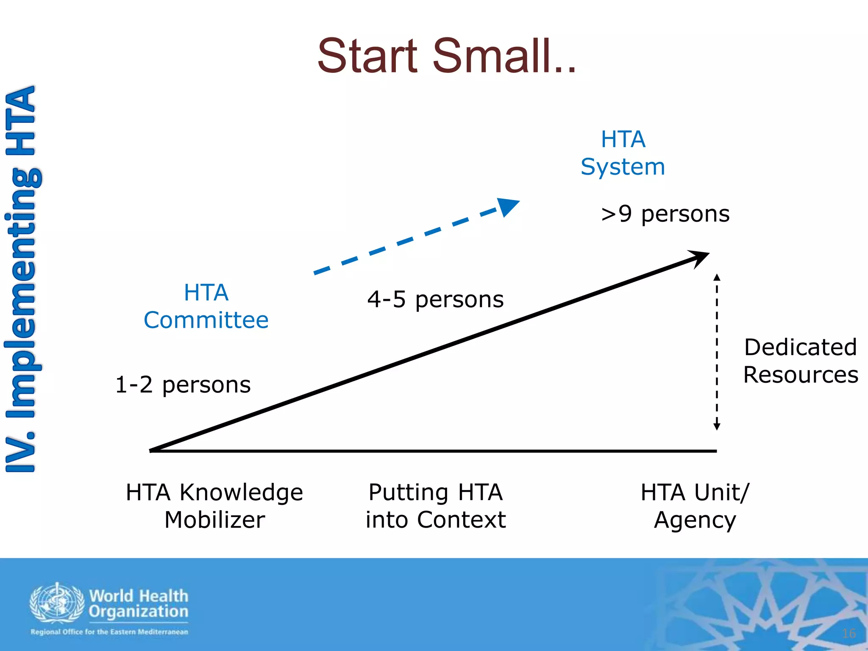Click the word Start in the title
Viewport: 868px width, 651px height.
(x=367, y=56)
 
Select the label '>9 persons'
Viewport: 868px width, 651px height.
(x=665, y=214)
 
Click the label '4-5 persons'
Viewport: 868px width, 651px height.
(x=435, y=300)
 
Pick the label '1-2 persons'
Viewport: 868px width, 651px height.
(x=183, y=385)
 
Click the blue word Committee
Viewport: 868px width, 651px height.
(x=206, y=320)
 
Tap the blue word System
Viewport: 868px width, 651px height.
(x=623, y=167)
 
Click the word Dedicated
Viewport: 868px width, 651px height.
(x=800, y=347)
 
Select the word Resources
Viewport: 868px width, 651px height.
(x=800, y=375)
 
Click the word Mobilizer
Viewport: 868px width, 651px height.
(x=214, y=520)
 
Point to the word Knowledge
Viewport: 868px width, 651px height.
(x=241, y=492)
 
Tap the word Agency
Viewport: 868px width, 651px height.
(x=695, y=520)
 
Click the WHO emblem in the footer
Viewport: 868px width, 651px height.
(x=57, y=603)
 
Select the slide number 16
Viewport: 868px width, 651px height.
(x=849, y=633)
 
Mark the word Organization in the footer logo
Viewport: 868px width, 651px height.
(x=139, y=612)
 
